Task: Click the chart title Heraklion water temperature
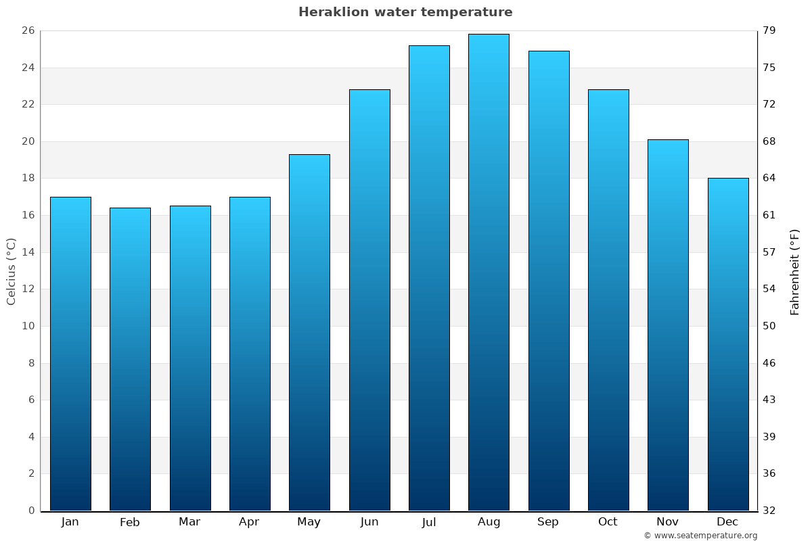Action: point(405,12)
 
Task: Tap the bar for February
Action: point(130,358)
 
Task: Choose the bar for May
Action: point(309,332)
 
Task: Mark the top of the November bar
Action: point(668,140)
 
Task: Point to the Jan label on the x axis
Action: point(70,522)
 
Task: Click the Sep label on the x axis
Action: point(548,522)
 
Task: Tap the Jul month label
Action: point(429,522)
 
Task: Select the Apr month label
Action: point(249,522)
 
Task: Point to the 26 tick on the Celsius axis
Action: point(28,31)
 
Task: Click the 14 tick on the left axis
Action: point(28,252)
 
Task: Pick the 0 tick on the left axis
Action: point(31,511)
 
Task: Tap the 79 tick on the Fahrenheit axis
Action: point(770,31)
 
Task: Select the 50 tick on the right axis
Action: point(770,326)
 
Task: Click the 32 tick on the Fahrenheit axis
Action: point(770,511)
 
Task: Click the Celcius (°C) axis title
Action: point(12,271)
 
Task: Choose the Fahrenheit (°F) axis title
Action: point(795,271)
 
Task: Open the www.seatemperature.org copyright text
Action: point(700,536)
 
